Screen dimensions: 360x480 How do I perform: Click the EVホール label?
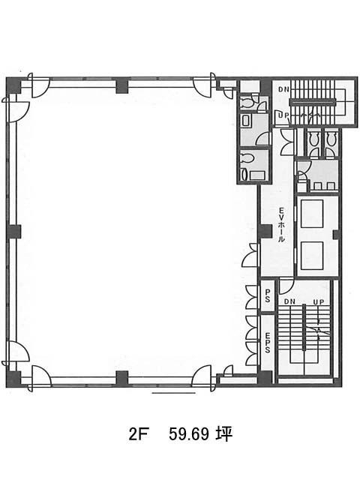280,225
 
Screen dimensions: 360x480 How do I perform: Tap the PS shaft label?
267,296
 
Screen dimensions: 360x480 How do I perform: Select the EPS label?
267,341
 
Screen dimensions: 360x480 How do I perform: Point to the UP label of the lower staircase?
318,301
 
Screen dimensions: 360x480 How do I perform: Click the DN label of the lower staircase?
289,301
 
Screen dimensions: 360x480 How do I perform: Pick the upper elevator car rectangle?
312,214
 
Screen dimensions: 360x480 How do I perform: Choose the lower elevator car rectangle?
312,256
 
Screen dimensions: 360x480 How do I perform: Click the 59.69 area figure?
189,433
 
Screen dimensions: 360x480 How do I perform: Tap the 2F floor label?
136,434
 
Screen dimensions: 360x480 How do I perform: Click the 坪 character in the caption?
223,433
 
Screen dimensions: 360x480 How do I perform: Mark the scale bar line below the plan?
173,393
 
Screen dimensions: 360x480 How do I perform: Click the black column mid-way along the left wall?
13,232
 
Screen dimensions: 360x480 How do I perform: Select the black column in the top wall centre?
122,85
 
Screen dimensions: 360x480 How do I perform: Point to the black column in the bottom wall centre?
122,378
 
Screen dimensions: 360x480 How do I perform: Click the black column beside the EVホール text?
265,232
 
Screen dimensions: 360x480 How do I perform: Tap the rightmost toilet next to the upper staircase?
331,139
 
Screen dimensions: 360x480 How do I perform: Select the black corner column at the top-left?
13,85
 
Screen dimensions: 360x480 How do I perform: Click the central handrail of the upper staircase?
313,102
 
